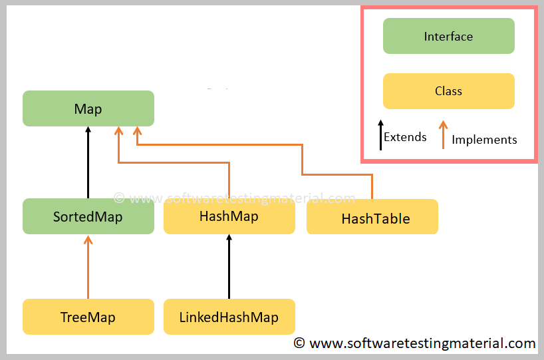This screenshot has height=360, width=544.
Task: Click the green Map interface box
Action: click(88, 108)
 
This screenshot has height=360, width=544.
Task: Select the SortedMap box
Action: click(88, 216)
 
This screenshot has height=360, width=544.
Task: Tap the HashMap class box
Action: click(229, 216)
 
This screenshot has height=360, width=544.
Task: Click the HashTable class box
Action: click(372, 217)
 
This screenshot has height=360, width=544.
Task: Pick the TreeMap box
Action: click(88, 317)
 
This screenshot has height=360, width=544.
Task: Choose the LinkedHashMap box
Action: click(229, 317)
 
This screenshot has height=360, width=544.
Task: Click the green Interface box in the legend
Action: click(448, 36)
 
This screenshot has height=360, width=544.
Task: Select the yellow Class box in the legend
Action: click(448, 91)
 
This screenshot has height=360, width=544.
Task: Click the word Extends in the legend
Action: click(405, 137)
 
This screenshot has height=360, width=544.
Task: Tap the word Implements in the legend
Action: click(484, 140)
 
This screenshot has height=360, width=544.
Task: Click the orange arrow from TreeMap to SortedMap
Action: click(88, 266)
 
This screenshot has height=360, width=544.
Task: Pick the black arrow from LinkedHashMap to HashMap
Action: click(229, 266)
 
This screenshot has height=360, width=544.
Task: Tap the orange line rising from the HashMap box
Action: click(229, 180)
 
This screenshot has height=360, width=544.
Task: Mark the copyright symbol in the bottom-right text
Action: click(300, 343)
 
